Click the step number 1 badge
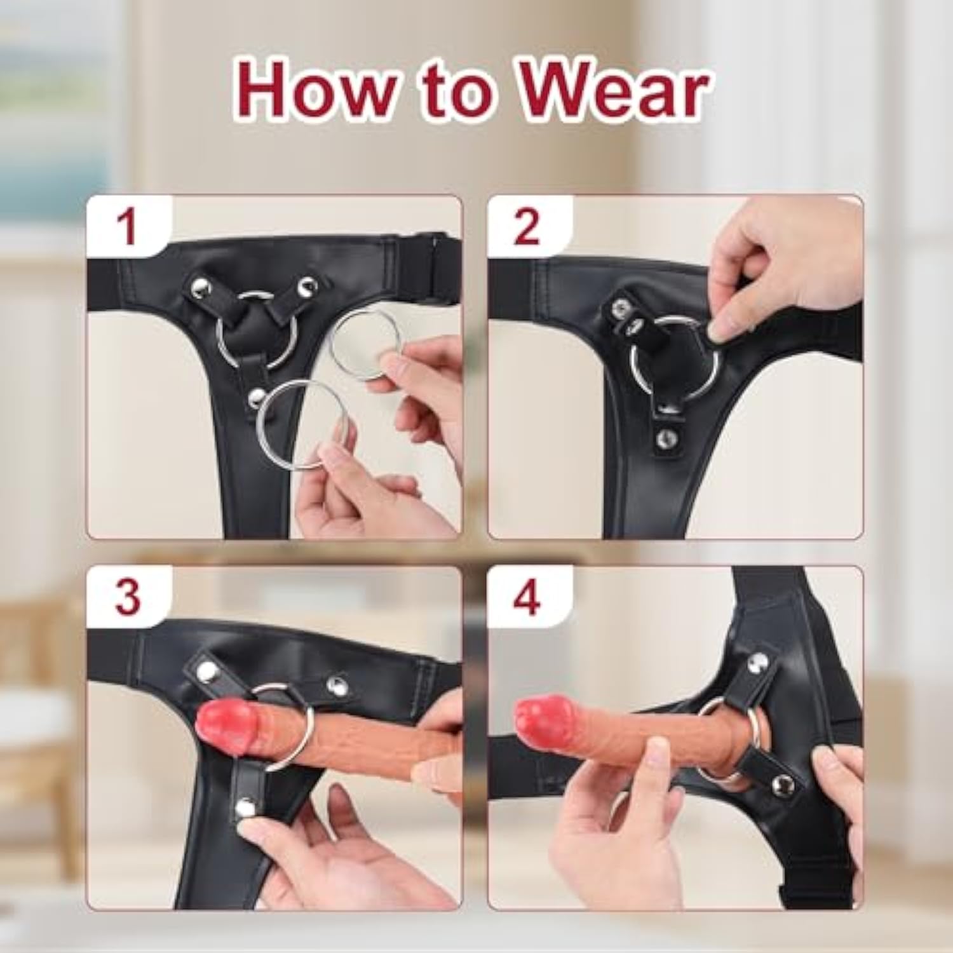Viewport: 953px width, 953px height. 128,227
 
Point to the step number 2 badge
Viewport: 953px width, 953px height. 527,227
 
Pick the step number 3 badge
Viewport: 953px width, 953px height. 128,597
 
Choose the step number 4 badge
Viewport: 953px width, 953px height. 527,597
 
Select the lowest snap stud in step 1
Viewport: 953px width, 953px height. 255,398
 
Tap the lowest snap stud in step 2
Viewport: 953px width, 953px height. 666,436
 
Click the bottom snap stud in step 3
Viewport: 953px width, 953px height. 246,808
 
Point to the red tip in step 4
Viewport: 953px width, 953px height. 542,722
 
